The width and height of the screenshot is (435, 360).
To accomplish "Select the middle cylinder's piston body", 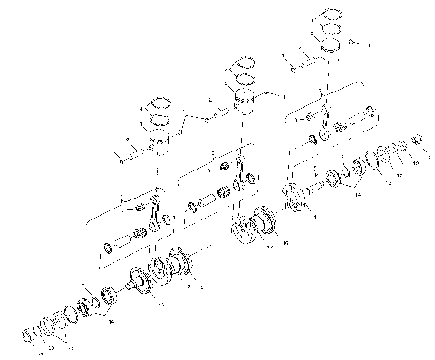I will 243,99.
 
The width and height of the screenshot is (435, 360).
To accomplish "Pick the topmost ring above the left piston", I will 160,103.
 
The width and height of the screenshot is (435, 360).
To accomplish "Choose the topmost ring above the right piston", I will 327,18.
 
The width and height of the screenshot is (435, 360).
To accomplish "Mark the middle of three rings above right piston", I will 328,31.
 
